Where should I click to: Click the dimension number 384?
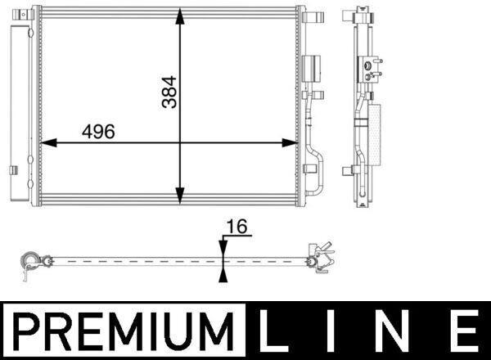(169, 92)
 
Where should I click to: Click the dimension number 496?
(98, 132)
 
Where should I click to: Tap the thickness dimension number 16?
(236, 227)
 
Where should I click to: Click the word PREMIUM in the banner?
(124, 331)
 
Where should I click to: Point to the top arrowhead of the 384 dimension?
(179, 16)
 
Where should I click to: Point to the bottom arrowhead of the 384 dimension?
(179, 196)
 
